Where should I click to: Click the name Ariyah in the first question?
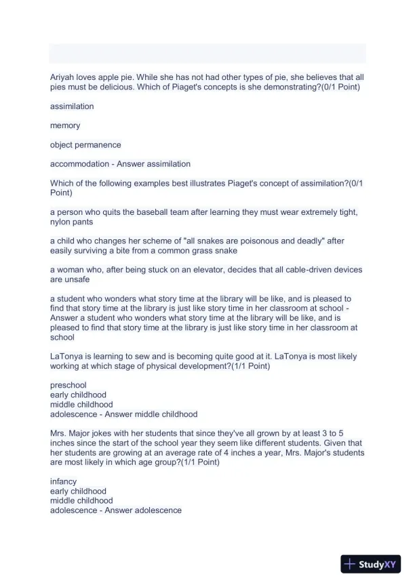click(x=62, y=78)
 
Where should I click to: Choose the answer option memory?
click(x=65, y=125)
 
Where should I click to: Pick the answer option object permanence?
click(x=85, y=144)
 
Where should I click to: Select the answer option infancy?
click(x=64, y=482)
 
